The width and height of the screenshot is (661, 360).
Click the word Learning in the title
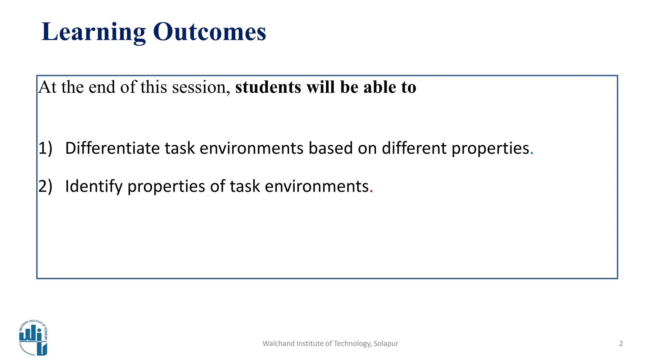point(94,32)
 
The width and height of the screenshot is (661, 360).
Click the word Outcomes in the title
point(209,32)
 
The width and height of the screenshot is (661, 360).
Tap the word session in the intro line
point(201,87)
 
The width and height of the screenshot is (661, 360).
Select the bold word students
point(268,87)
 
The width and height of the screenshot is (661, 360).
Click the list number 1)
point(45,148)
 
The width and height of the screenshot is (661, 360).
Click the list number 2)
point(45,186)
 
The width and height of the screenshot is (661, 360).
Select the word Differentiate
point(112,148)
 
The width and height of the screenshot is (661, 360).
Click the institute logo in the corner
point(33,338)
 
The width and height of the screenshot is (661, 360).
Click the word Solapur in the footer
point(386,344)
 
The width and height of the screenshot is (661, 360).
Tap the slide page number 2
point(621,344)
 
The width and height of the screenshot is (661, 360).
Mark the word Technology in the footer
point(352,344)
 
